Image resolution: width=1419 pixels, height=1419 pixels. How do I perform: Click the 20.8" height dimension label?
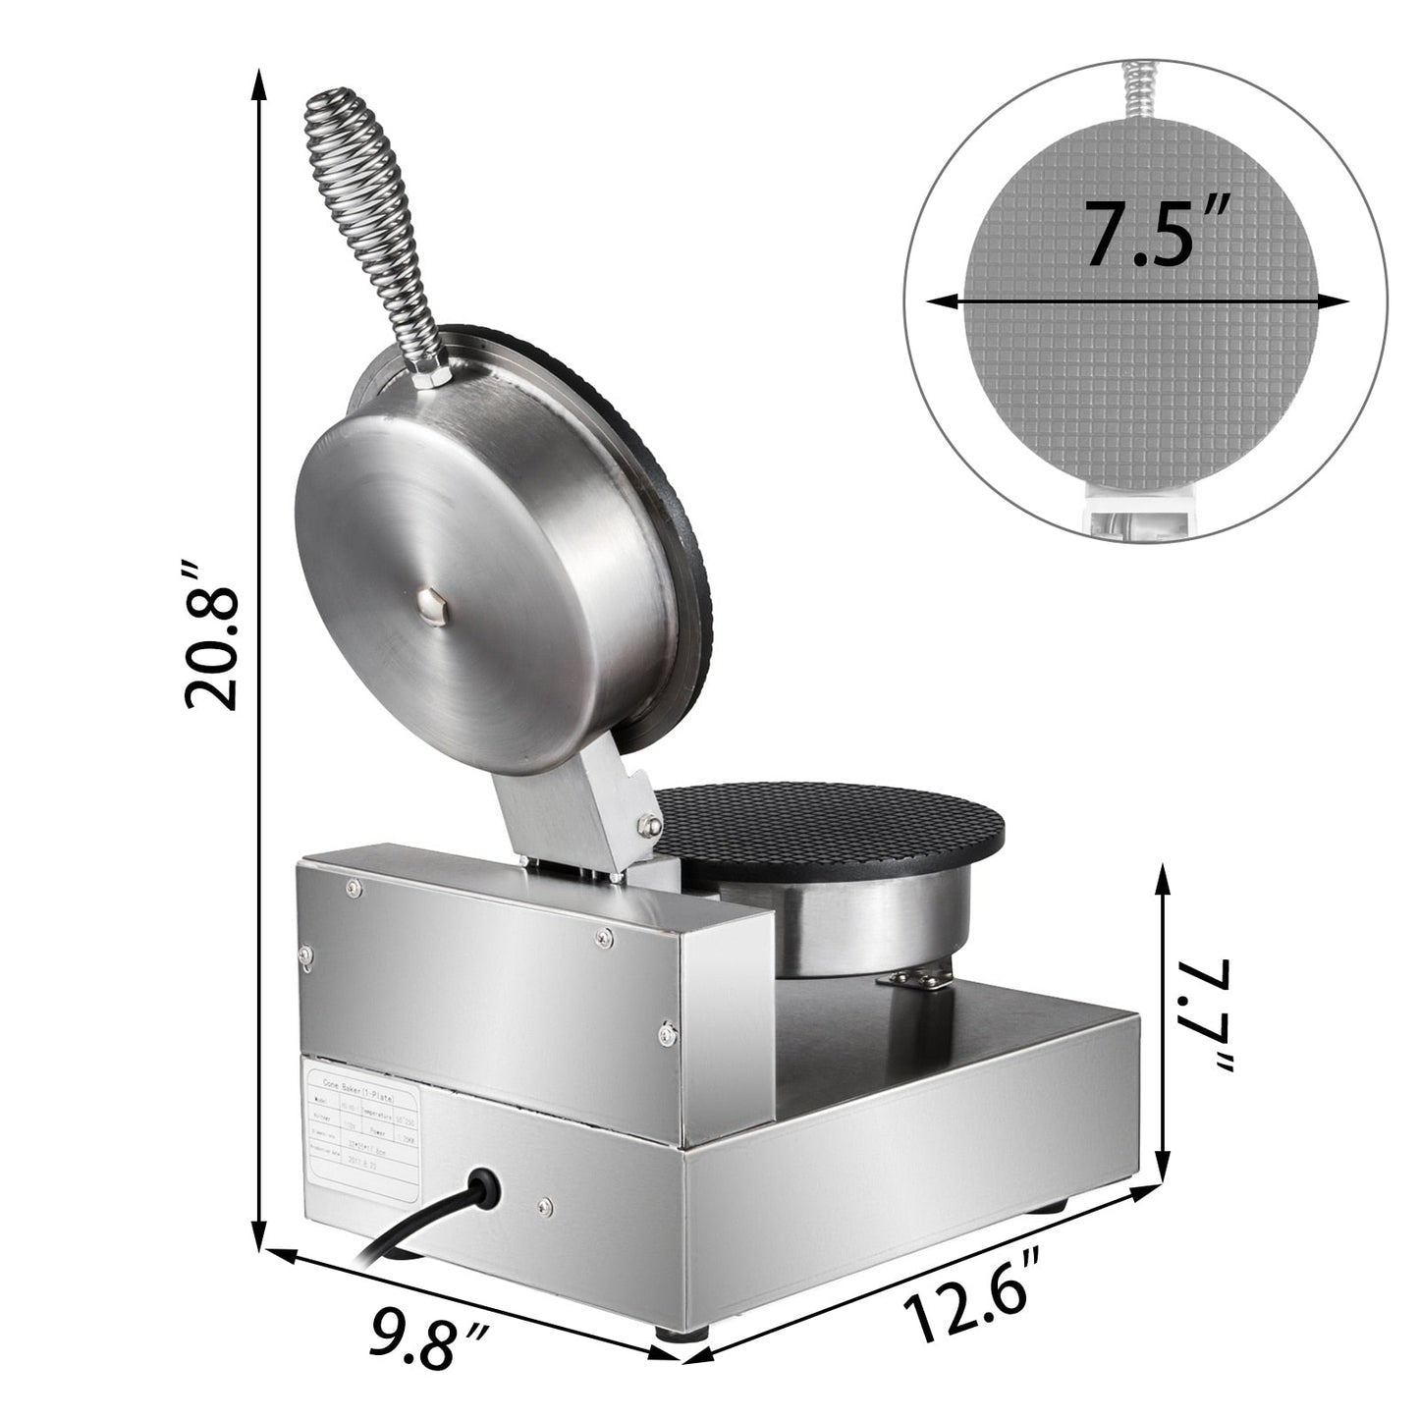[211, 635]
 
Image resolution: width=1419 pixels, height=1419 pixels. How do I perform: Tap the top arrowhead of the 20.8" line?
[259, 83]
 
